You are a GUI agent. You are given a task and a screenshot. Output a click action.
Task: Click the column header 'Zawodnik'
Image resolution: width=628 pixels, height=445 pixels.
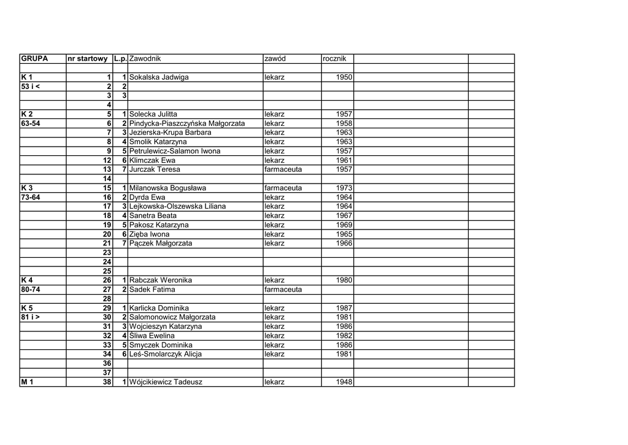click(145, 59)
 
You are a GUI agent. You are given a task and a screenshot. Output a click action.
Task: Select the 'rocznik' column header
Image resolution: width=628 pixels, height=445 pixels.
click(334, 59)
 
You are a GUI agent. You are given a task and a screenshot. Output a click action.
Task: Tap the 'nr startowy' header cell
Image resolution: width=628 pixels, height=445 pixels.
click(88, 59)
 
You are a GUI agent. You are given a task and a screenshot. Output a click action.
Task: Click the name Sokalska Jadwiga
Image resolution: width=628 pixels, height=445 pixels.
click(159, 77)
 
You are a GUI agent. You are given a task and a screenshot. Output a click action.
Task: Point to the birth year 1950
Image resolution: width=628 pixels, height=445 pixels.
click(344, 77)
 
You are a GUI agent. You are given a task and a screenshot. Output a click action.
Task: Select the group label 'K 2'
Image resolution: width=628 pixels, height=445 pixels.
click(27, 114)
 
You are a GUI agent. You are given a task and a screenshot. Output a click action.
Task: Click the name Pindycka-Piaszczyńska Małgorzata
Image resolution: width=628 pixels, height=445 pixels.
click(187, 123)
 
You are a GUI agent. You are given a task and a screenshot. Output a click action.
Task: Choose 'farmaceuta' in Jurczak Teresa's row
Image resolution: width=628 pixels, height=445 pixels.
click(283, 169)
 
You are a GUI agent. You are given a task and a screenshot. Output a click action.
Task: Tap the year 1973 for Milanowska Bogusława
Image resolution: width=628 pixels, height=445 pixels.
click(344, 188)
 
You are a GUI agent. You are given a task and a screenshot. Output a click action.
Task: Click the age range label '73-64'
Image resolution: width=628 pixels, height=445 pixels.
click(31, 197)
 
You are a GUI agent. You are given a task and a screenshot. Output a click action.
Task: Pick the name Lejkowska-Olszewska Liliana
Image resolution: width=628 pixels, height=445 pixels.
click(177, 206)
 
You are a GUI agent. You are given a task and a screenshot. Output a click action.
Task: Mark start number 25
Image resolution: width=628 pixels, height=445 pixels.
click(107, 271)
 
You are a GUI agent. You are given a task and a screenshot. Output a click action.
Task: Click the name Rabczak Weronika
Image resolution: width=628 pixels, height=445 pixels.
click(161, 281)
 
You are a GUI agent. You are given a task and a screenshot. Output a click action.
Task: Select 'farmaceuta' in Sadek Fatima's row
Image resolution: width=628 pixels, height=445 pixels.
click(283, 290)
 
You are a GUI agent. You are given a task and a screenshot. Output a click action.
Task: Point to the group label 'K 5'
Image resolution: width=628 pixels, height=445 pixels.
click(27, 308)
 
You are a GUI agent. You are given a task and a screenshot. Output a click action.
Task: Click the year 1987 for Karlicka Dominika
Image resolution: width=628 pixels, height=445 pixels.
click(344, 308)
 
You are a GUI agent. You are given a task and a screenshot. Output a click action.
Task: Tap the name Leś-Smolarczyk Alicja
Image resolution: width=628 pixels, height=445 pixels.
click(166, 354)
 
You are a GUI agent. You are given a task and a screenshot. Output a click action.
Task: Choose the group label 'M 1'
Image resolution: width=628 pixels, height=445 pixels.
click(28, 382)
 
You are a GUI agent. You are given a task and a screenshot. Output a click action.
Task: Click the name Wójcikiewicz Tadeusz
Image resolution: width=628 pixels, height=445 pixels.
click(166, 382)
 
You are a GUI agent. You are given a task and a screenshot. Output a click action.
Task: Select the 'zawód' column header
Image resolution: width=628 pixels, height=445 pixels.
click(275, 59)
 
